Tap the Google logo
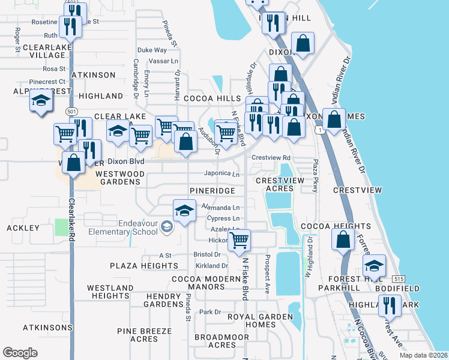tap(20, 352)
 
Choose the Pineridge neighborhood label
tap(212, 190)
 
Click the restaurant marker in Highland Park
tap(390, 307)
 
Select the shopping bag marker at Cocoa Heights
tap(342, 240)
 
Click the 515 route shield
tap(399, 279)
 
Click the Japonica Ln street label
tap(221, 174)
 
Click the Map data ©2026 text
tap(423, 355)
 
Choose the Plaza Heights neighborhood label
tap(144, 265)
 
